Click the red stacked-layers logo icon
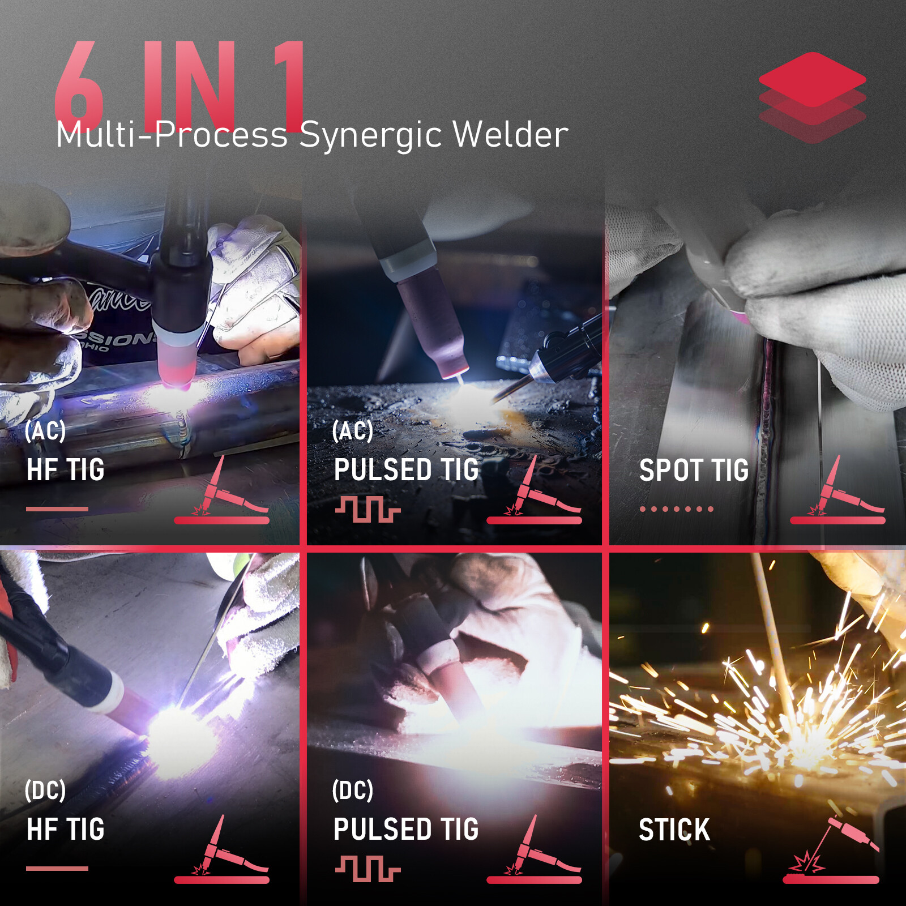[x=812, y=96]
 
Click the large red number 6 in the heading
[x=79, y=85]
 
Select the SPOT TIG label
[x=694, y=470]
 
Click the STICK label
[x=674, y=830]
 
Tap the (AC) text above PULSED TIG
[x=352, y=431]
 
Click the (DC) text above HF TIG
[x=45, y=790]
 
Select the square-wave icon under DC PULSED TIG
[x=368, y=868]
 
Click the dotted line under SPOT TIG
[x=676, y=509]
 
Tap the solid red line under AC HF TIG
[x=57, y=509]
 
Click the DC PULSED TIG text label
[x=405, y=830]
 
